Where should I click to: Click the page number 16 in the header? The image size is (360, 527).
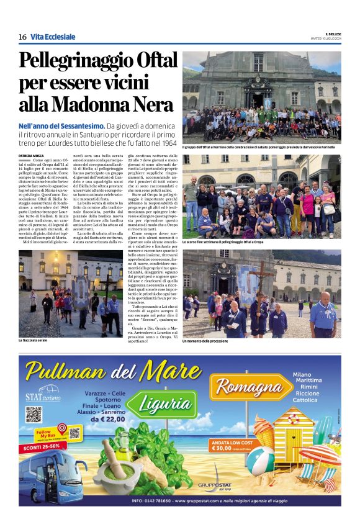tap(22, 37)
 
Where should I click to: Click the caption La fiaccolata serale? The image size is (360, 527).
tap(34, 340)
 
